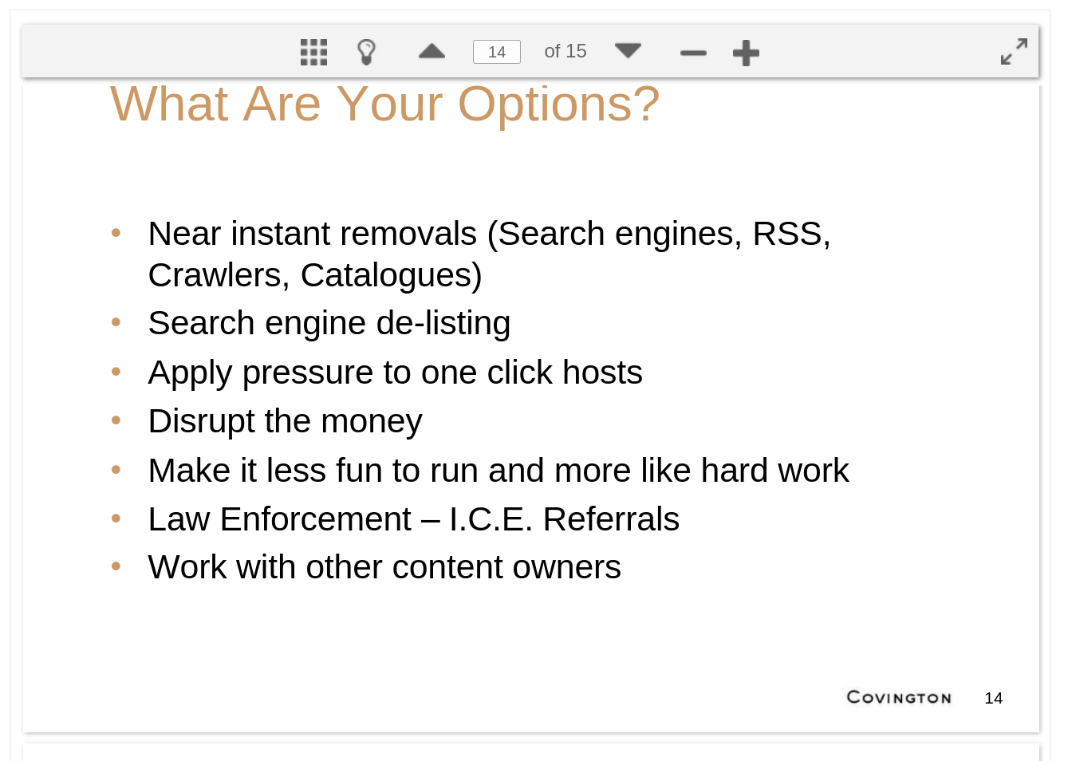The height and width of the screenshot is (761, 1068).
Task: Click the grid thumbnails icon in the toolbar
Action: click(x=313, y=52)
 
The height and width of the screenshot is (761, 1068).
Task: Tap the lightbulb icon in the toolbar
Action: click(x=366, y=52)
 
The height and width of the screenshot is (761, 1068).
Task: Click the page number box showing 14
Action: click(x=496, y=52)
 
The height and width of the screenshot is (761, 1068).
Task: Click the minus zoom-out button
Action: click(x=693, y=53)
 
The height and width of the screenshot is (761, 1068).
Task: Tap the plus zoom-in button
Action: click(x=746, y=53)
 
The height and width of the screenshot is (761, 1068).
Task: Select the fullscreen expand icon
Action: click(x=1014, y=52)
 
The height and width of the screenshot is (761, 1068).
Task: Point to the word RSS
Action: click(x=791, y=234)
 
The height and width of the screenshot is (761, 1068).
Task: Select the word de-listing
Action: click(x=443, y=324)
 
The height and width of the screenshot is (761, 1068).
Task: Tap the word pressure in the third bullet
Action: click(x=308, y=373)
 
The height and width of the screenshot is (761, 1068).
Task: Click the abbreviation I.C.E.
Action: click(x=491, y=519)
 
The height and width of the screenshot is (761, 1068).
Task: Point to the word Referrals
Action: click(x=611, y=519)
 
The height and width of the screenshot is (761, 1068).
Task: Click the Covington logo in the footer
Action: click(x=899, y=697)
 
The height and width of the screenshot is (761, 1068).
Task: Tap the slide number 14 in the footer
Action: click(x=994, y=698)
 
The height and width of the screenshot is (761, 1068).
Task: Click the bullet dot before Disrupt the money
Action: click(x=116, y=420)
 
